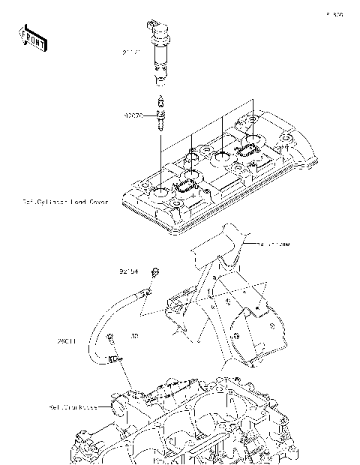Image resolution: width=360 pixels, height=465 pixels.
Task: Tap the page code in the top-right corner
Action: [334, 14]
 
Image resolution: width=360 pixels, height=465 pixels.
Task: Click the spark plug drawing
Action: [159, 113]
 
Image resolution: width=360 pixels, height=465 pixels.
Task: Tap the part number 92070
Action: [133, 115]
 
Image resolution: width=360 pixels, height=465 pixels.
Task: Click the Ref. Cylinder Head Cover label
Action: [65, 202]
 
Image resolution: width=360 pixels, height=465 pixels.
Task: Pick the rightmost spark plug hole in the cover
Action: [251, 139]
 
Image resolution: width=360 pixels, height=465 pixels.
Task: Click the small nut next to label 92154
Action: [154, 271]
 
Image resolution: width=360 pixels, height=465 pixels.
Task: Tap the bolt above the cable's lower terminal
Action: [110, 338]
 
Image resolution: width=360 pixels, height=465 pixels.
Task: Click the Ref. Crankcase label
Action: [74, 408]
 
